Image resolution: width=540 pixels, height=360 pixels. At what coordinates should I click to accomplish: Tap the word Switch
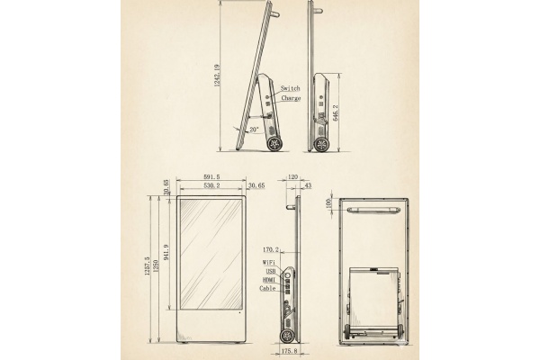pyautogui.click(x=291, y=88)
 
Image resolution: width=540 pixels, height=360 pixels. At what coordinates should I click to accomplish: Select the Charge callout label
pyautogui.click(x=291, y=97)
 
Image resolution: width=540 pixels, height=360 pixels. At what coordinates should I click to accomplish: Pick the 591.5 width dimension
pyautogui.click(x=212, y=176)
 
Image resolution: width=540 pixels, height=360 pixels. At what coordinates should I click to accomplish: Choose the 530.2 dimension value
pyautogui.click(x=212, y=184)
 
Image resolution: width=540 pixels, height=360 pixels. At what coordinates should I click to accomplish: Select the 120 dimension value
pyautogui.click(x=292, y=177)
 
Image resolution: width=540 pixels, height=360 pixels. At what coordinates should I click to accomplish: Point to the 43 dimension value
pyautogui.click(x=309, y=185)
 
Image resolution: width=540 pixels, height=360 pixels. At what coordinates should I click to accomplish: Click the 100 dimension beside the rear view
pyautogui.click(x=328, y=203)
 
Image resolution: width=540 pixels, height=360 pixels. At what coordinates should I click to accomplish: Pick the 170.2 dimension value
pyautogui.click(x=269, y=250)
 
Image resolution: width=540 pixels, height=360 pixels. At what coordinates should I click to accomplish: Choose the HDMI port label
pyautogui.click(x=269, y=279)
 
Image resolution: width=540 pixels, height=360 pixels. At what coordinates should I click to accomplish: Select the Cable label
pyautogui.click(x=268, y=288)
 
